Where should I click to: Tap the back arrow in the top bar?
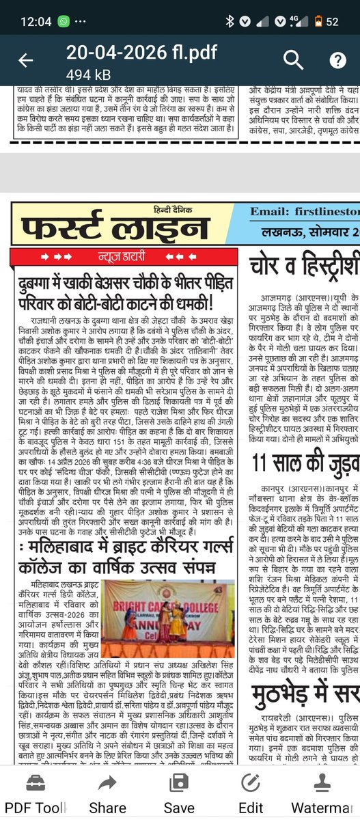coord(25,60)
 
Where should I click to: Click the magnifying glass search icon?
coord(293,60)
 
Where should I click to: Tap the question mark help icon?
coord(337,60)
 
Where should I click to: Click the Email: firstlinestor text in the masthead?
coord(305,212)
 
